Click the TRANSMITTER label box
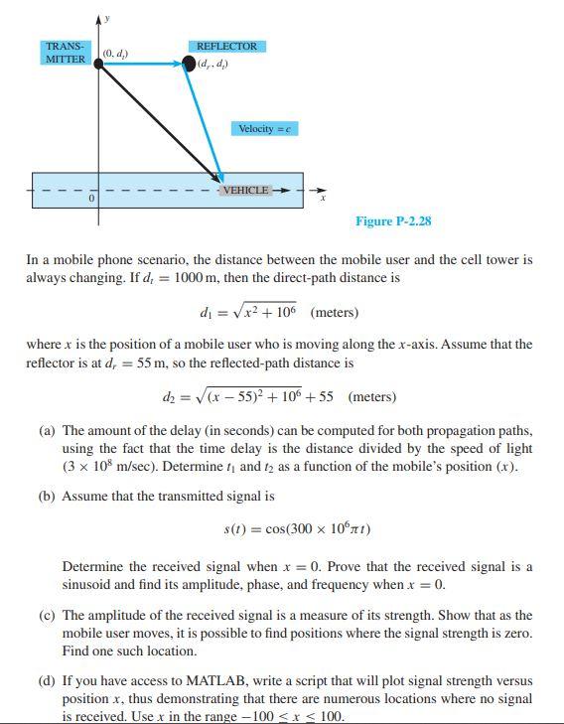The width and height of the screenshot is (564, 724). pyautogui.click(x=65, y=53)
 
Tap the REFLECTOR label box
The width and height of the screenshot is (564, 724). pyautogui.click(x=226, y=47)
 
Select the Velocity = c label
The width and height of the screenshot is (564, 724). pyautogui.click(x=264, y=129)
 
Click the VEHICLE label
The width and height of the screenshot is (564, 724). pyautogui.click(x=245, y=190)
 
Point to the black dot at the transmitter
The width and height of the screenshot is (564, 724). pyautogui.click(x=98, y=64)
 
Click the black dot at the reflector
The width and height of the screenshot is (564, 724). pyautogui.click(x=189, y=64)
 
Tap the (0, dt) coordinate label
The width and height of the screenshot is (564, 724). pyautogui.click(x=115, y=53)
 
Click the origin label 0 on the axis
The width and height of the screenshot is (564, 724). pyautogui.click(x=91, y=199)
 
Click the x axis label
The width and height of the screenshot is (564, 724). pyautogui.click(x=322, y=199)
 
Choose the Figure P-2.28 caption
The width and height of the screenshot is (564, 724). pyautogui.click(x=393, y=220)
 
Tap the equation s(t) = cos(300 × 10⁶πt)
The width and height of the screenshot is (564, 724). pyautogui.click(x=298, y=528)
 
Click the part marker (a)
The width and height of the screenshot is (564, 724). pyautogui.click(x=47, y=432)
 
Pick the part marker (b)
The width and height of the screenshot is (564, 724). pyautogui.click(x=47, y=496)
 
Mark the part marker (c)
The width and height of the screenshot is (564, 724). pyautogui.click(x=47, y=616)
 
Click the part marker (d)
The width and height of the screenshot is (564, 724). pyautogui.click(x=47, y=681)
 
